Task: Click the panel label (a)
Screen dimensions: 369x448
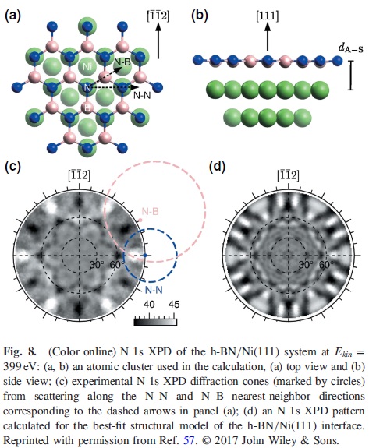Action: click(x=12, y=16)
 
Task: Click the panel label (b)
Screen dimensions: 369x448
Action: click(x=200, y=16)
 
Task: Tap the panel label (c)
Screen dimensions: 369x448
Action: click(x=12, y=167)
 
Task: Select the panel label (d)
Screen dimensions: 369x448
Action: click(x=218, y=167)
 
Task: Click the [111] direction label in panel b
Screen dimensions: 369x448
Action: click(x=268, y=16)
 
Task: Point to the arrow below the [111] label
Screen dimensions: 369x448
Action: click(x=268, y=37)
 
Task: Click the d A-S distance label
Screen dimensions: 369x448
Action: click(x=351, y=48)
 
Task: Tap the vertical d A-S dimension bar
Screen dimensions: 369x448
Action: click(x=350, y=76)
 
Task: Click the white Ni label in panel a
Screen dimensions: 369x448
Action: click(x=87, y=67)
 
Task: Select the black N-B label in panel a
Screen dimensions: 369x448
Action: click(x=122, y=62)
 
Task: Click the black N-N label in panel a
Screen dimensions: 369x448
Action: click(x=142, y=96)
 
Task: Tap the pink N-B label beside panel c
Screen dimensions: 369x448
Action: click(x=150, y=212)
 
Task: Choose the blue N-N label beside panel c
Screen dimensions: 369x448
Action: click(x=154, y=291)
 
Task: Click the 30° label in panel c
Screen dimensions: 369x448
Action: click(x=97, y=265)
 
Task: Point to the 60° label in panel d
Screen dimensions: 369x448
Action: click(x=327, y=265)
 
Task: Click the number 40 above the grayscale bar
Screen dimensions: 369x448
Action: click(x=149, y=305)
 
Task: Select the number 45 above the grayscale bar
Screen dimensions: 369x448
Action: click(x=174, y=305)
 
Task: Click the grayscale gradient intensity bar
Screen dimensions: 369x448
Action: click(x=155, y=323)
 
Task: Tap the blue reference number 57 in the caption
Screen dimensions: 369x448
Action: click(x=189, y=440)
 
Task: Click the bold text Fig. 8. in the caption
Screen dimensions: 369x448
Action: click(x=20, y=351)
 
